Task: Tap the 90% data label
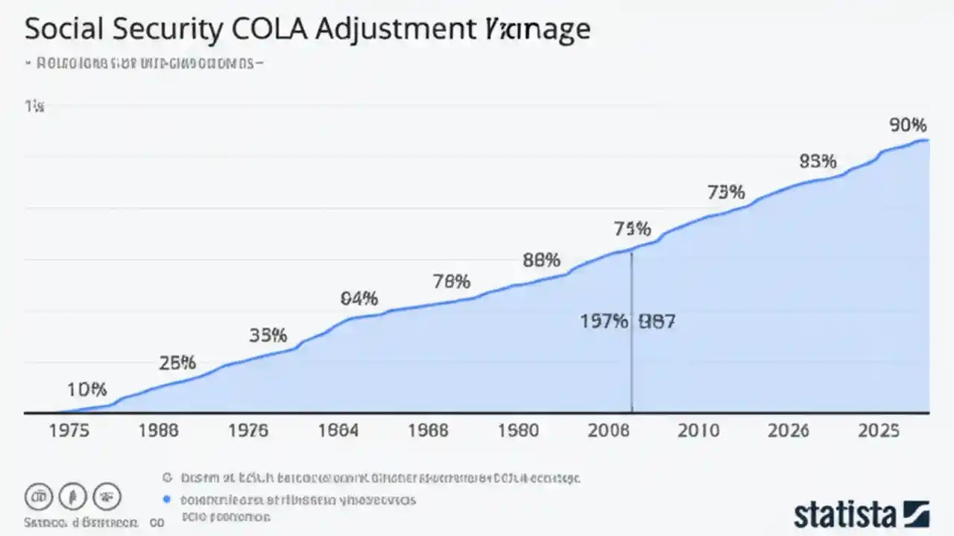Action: coord(908,125)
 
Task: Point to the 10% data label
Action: coord(87,389)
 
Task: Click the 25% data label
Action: coord(177,363)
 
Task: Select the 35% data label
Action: coord(268,335)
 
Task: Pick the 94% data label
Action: coord(359,299)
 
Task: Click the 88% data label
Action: coord(541,261)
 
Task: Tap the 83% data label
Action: coord(818,162)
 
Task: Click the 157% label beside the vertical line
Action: coord(604,322)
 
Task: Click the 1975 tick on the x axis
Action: coord(69,431)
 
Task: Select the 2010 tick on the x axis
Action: coord(698,431)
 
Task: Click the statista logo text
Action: coord(844,514)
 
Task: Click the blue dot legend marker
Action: coord(167,500)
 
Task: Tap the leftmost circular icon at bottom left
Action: coord(39,497)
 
